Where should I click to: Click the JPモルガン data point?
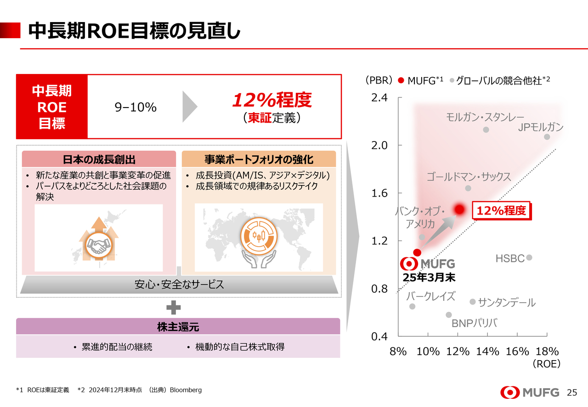click(547, 137)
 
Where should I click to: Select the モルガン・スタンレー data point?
click(486, 130)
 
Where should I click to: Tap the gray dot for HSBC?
click(529, 258)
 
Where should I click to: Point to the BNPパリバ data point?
click(449, 315)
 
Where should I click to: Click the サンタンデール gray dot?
click(472, 302)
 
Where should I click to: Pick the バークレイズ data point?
click(412, 306)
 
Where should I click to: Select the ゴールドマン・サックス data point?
click(468, 188)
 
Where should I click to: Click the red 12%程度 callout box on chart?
click(501, 211)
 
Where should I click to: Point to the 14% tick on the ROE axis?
click(487, 352)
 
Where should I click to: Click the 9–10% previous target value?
click(136, 107)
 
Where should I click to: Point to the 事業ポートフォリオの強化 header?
click(259, 159)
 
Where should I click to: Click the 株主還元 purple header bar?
click(178, 327)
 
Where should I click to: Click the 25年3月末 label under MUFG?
click(429, 277)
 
